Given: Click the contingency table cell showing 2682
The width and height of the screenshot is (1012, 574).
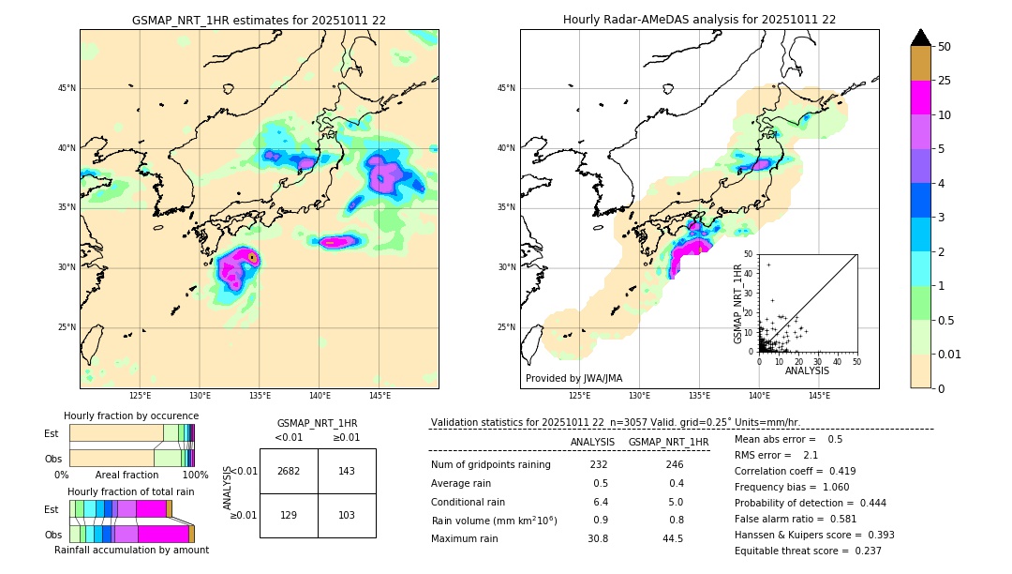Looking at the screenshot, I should tap(289, 471).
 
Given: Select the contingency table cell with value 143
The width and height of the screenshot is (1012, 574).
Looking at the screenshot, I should tap(347, 471).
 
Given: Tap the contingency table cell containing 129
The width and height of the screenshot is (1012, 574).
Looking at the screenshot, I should tap(289, 516).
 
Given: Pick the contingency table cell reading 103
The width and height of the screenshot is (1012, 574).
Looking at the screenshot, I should tap(347, 516).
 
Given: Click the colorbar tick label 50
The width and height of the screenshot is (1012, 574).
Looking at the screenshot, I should tap(945, 47).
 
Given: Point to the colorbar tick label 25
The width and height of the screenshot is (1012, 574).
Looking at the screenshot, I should tap(945, 81).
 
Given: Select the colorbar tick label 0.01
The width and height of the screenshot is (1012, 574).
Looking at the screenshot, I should tap(950, 354).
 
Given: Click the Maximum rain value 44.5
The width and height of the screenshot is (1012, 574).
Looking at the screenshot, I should tap(672, 538).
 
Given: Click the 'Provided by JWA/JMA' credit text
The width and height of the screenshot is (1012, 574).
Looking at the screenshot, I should tap(573, 379).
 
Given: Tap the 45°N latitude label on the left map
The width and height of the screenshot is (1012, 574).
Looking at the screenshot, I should tap(66, 88).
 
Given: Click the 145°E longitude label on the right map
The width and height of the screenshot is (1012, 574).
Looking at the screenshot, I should tap(819, 396).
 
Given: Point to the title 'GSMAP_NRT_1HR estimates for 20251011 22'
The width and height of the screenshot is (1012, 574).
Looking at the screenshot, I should tap(259, 20).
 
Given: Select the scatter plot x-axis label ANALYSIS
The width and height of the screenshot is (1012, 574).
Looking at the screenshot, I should tap(807, 370).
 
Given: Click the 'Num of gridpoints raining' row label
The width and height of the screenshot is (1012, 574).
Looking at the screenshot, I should tap(491, 465).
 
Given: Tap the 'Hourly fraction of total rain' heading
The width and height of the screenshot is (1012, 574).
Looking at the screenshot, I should tap(131, 491).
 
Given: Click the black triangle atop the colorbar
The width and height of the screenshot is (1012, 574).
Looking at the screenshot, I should tap(921, 38).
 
